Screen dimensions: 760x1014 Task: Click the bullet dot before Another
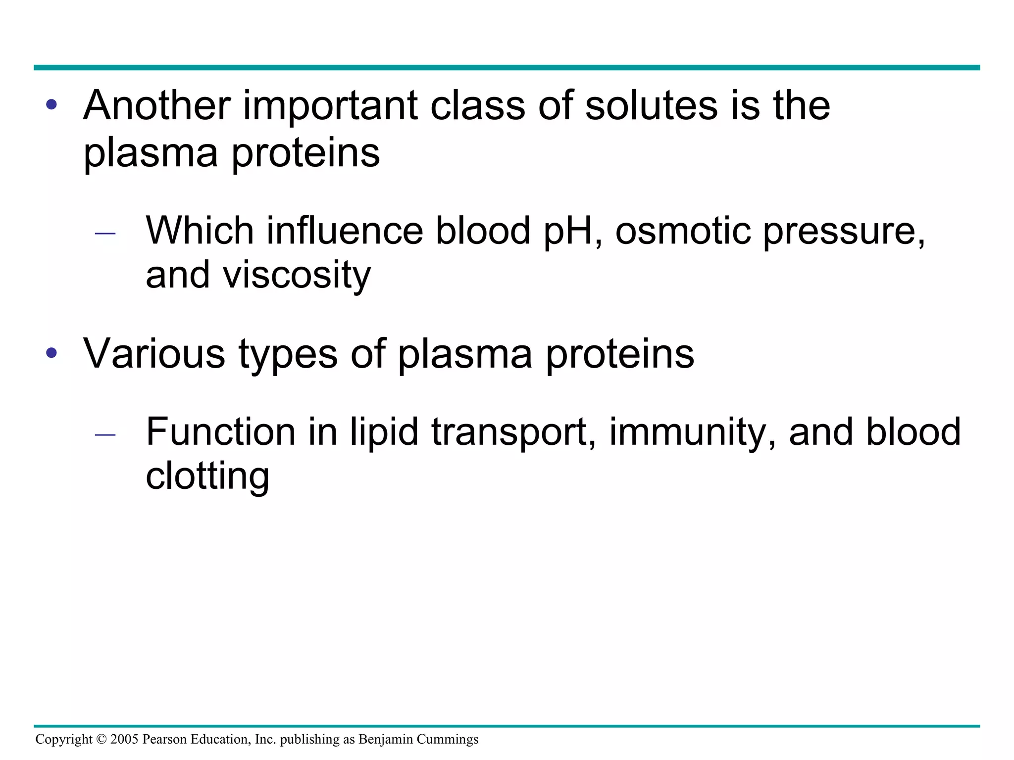click(51, 105)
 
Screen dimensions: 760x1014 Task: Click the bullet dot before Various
click(51, 353)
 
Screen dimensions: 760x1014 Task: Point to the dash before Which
click(105, 233)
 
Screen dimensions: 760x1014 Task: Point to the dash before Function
click(105, 434)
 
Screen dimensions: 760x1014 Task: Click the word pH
click(567, 231)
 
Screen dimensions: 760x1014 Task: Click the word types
click(288, 354)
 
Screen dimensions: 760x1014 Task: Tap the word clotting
click(207, 476)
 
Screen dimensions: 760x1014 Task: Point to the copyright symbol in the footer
click(101, 739)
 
